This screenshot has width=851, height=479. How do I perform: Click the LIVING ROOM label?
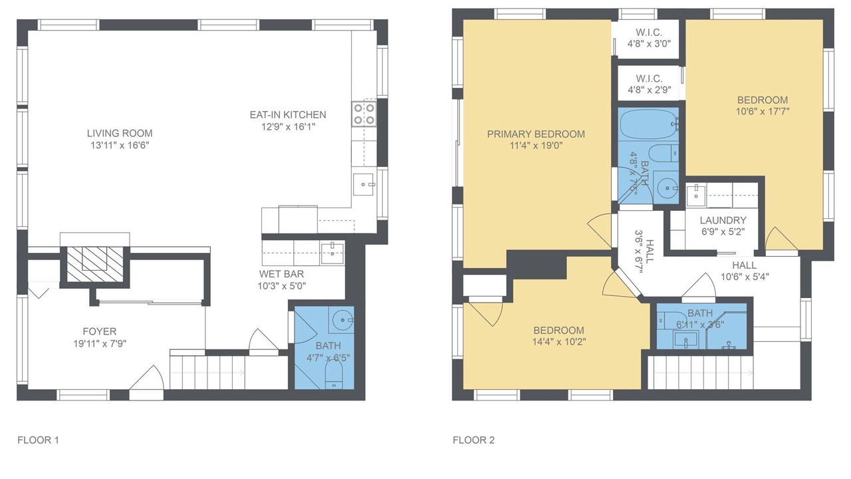tap(120, 134)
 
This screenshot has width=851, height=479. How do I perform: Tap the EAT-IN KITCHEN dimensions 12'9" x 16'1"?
tap(289, 126)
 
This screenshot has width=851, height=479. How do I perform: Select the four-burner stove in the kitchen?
tap(364, 114)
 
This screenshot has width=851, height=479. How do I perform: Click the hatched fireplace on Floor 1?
tap(95, 265)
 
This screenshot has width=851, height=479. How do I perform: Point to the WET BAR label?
tap(281, 274)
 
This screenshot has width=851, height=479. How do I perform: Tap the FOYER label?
tap(100, 331)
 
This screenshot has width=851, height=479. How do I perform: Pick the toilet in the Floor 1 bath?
tap(334, 375)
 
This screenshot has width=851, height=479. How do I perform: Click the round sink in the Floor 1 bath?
tap(343, 320)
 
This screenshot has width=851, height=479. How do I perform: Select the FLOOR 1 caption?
tap(39, 440)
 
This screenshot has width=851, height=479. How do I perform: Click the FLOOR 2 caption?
tap(474, 440)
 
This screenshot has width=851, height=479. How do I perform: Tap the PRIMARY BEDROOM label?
tap(536, 134)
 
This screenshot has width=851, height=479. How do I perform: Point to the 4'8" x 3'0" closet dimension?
tap(650, 44)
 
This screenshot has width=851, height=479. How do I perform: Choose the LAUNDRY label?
tap(723, 220)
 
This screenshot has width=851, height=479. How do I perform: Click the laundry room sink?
tap(696, 195)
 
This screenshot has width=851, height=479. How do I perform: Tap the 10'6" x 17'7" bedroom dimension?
tap(763, 112)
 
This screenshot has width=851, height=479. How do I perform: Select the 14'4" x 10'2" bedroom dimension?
tap(559, 342)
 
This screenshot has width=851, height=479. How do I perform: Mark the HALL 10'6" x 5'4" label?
tap(745, 271)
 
